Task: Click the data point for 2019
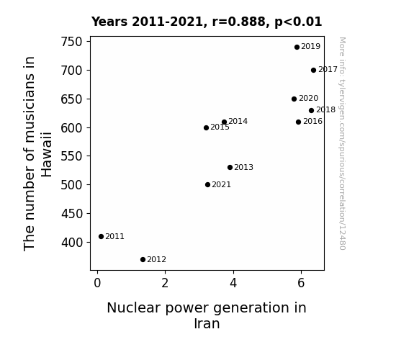(297, 48)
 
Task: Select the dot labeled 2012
(143, 260)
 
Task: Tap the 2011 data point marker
(101, 236)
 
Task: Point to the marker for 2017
(313, 71)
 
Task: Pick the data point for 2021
(208, 184)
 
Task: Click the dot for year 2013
(230, 168)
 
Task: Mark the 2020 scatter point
(294, 99)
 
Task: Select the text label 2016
(312, 121)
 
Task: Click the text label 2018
(325, 109)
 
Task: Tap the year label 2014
(238, 121)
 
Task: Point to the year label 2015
(220, 127)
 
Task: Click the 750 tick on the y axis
(71, 42)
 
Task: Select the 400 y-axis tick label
(71, 242)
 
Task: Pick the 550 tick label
(71, 156)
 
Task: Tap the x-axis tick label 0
(97, 283)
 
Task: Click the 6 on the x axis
(301, 283)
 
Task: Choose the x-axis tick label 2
(165, 283)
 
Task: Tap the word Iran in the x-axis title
(207, 323)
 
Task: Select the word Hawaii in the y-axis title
(47, 155)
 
